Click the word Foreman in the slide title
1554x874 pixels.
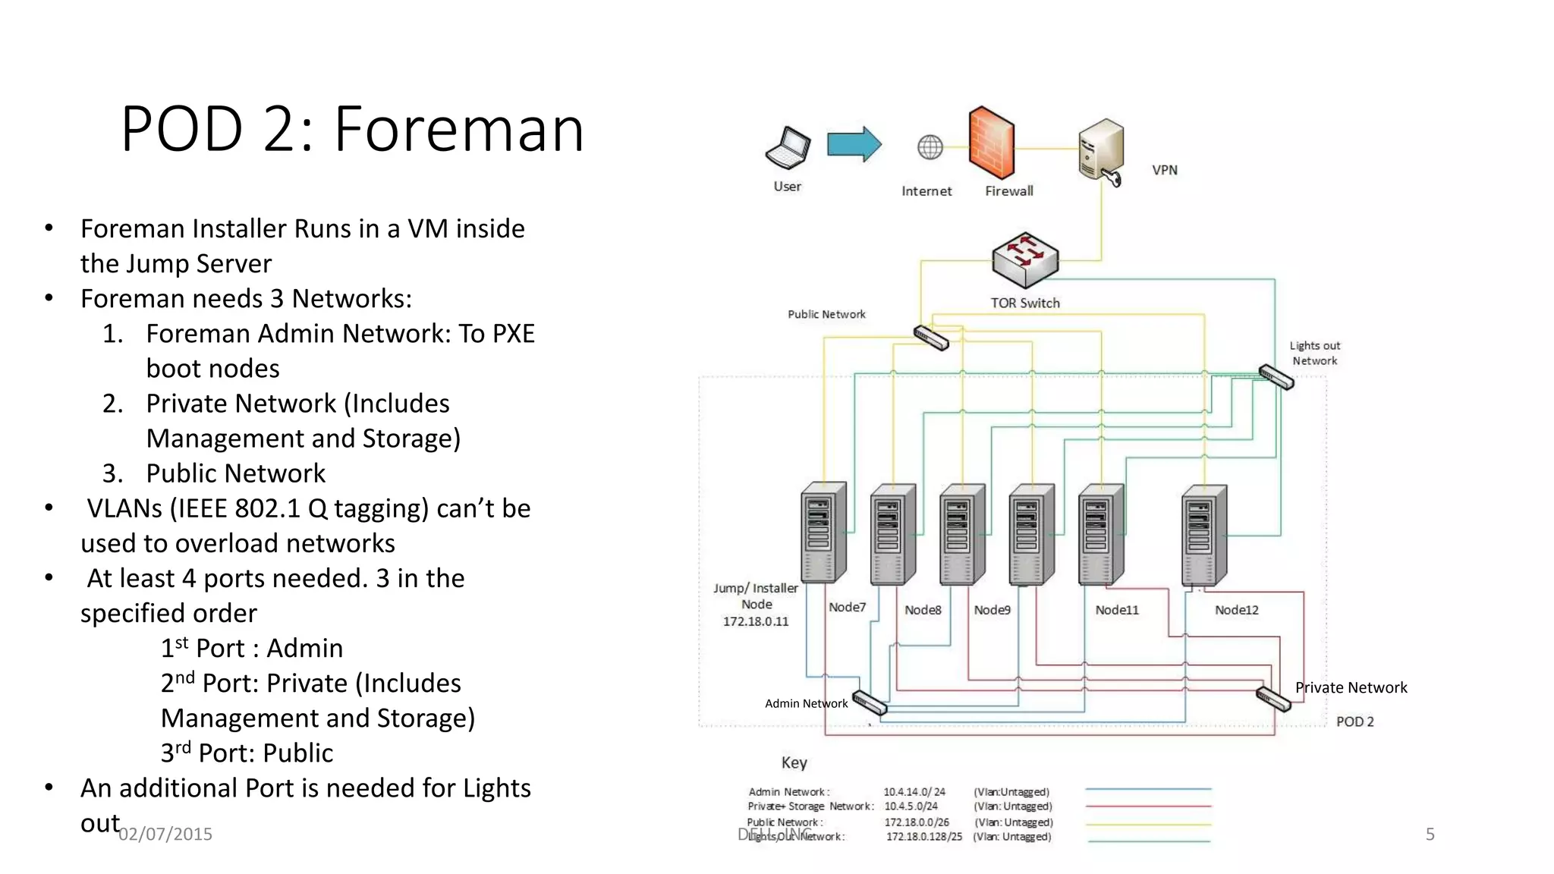pyautogui.click(x=459, y=130)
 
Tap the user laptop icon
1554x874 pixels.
pyautogui.click(x=788, y=148)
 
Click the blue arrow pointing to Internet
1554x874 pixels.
pyautogui.click(x=854, y=143)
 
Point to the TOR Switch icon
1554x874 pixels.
pyautogui.click(x=1024, y=259)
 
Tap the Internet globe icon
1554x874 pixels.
pyautogui.click(x=930, y=147)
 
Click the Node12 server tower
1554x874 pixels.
pyautogui.click(x=1203, y=535)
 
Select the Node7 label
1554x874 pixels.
pyautogui.click(x=847, y=607)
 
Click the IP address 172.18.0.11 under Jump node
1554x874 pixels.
pyautogui.click(x=755, y=621)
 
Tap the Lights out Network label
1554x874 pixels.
pyautogui.click(x=1314, y=353)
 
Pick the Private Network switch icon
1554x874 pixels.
pyautogui.click(x=1272, y=698)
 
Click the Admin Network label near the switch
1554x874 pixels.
pyautogui.click(x=806, y=703)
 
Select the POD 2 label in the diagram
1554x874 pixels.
pyautogui.click(x=1354, y=722)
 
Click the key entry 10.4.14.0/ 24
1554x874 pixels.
pyautogui.click(x=914, y=791)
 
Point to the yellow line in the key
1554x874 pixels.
pyautogui.click(x=1148, y=824)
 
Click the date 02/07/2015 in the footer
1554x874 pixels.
pyautogui.click(x=165, y=834)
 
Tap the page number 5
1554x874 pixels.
pyautogui.click(x=1430, y=834)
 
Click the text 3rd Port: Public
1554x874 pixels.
pyautogui.click(x=247, y=753)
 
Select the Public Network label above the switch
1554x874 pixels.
pyautogui.click(x=826, y=314)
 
